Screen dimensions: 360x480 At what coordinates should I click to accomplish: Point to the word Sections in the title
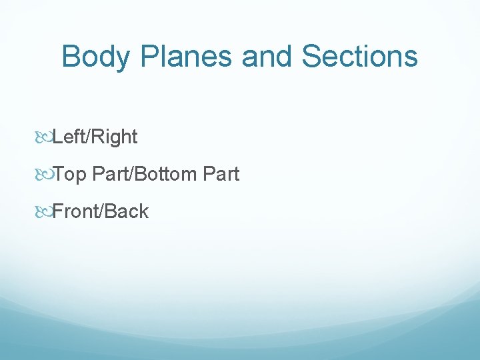click(x=360, y=57)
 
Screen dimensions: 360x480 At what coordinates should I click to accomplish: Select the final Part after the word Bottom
click(x=221, y=175)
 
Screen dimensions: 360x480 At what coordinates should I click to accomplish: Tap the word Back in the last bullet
click(x=125, y=212)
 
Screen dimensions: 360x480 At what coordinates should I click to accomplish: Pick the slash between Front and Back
click(x=99, y=212)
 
